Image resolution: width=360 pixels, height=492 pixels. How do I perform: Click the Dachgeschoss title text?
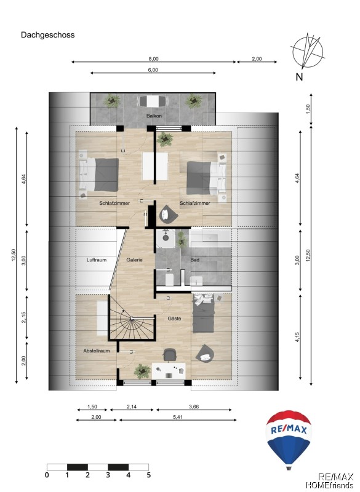[48, 35]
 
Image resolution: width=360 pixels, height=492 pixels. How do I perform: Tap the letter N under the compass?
[300, 77]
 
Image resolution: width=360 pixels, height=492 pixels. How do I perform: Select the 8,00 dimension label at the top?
[153, 58]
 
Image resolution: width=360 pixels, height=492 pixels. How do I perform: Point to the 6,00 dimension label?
[153, 70]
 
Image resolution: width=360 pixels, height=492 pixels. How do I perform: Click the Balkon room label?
[154, 116]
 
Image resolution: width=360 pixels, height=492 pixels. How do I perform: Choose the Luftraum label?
[97, 260]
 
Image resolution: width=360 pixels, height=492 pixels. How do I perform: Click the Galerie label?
[135, 260]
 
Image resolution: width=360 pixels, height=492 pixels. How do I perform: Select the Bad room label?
[195, 260]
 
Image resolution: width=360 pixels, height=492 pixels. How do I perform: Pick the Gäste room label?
[174, 319]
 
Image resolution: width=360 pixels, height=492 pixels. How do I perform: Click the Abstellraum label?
[97, 351]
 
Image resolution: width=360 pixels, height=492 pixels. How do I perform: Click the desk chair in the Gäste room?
[170, 355]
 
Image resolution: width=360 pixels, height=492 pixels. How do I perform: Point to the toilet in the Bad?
[169, 279]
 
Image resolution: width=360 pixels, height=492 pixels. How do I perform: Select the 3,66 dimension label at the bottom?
[194, 407]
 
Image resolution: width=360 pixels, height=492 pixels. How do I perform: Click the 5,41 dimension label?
[178, 417]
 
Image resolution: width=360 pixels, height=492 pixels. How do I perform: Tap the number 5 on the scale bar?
[148, 475]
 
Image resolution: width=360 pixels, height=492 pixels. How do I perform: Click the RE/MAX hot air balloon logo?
[289, 440]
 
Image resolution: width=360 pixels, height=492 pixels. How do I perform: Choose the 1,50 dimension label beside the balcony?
[308, 109]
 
